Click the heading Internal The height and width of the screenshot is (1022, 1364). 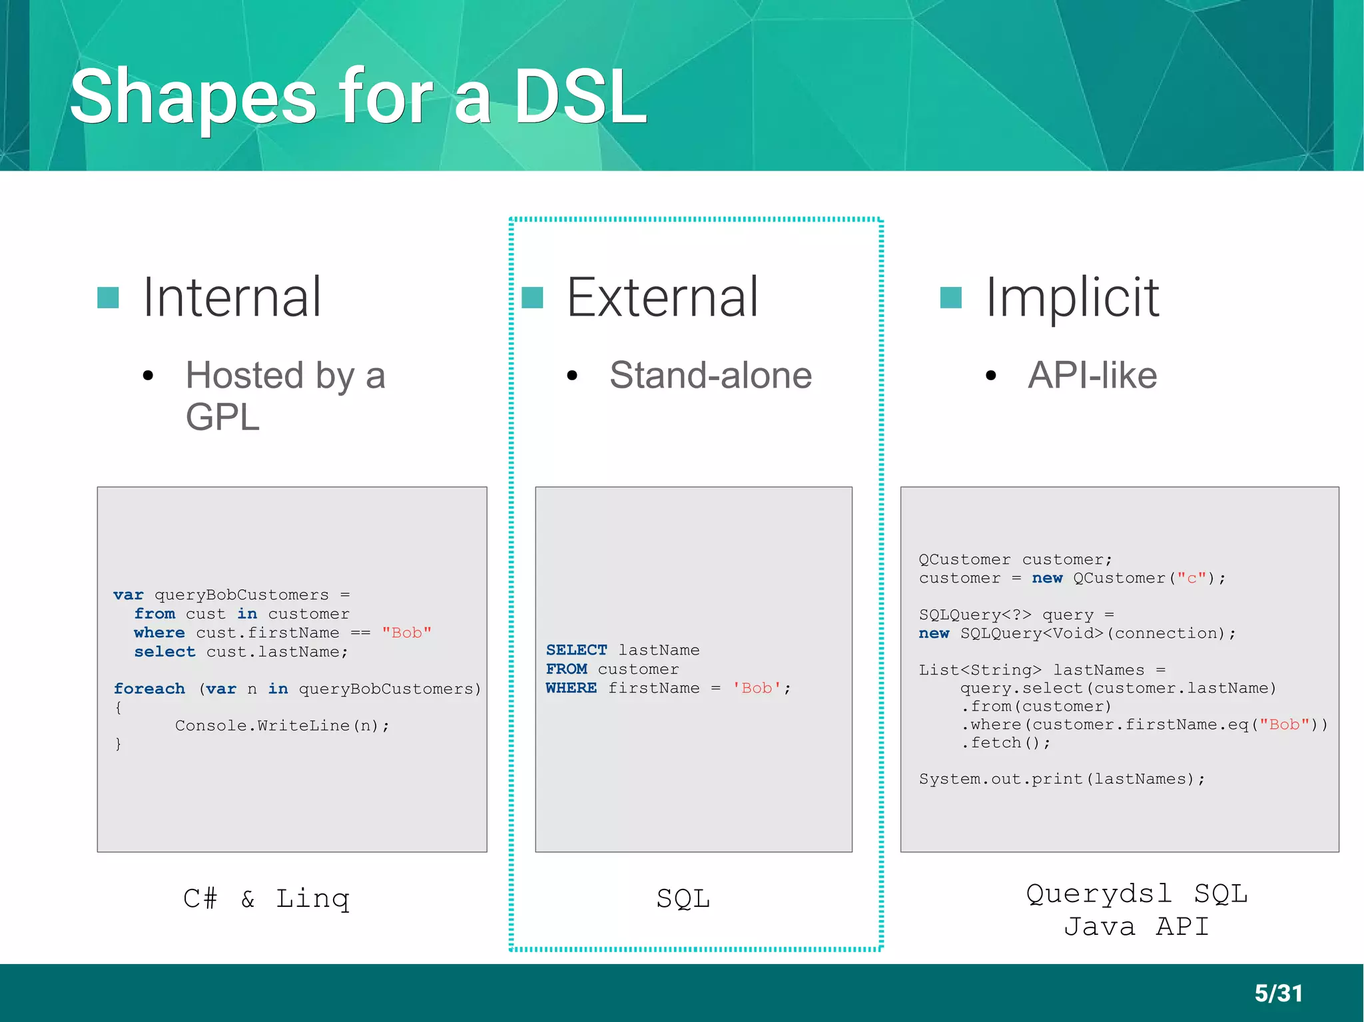tap(232, 298)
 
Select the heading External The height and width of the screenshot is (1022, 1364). tap(662, 298)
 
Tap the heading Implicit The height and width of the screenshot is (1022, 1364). tap(1072, 298)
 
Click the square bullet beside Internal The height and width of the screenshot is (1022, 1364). tap(108, 298)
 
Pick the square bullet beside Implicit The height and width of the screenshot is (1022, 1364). tap(950, 298)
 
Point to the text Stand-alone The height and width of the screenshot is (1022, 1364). tap(710, 375)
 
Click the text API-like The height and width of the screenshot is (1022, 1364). tap(1092, 375)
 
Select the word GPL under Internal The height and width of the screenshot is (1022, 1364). tap(222, 417)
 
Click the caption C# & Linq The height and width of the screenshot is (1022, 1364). tap(266, 899)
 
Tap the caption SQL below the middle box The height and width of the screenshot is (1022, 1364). tap(683, 899)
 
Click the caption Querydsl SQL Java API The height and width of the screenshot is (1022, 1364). tap(1136, 910)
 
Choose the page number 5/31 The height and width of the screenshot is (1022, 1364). tap(1278, 993)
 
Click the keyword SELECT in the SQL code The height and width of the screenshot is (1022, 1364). tap(577, 650)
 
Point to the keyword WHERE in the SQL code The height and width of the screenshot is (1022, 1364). tap(571, 688)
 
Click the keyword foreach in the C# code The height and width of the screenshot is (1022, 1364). tap(149, 688)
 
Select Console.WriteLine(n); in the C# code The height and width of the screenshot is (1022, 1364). tap(282, 726)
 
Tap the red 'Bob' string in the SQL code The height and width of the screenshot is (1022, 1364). tap(757, 688)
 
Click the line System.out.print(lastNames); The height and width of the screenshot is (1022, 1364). tap(1062, 779)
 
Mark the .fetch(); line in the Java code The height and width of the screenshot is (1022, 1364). tap(1006, 743)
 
